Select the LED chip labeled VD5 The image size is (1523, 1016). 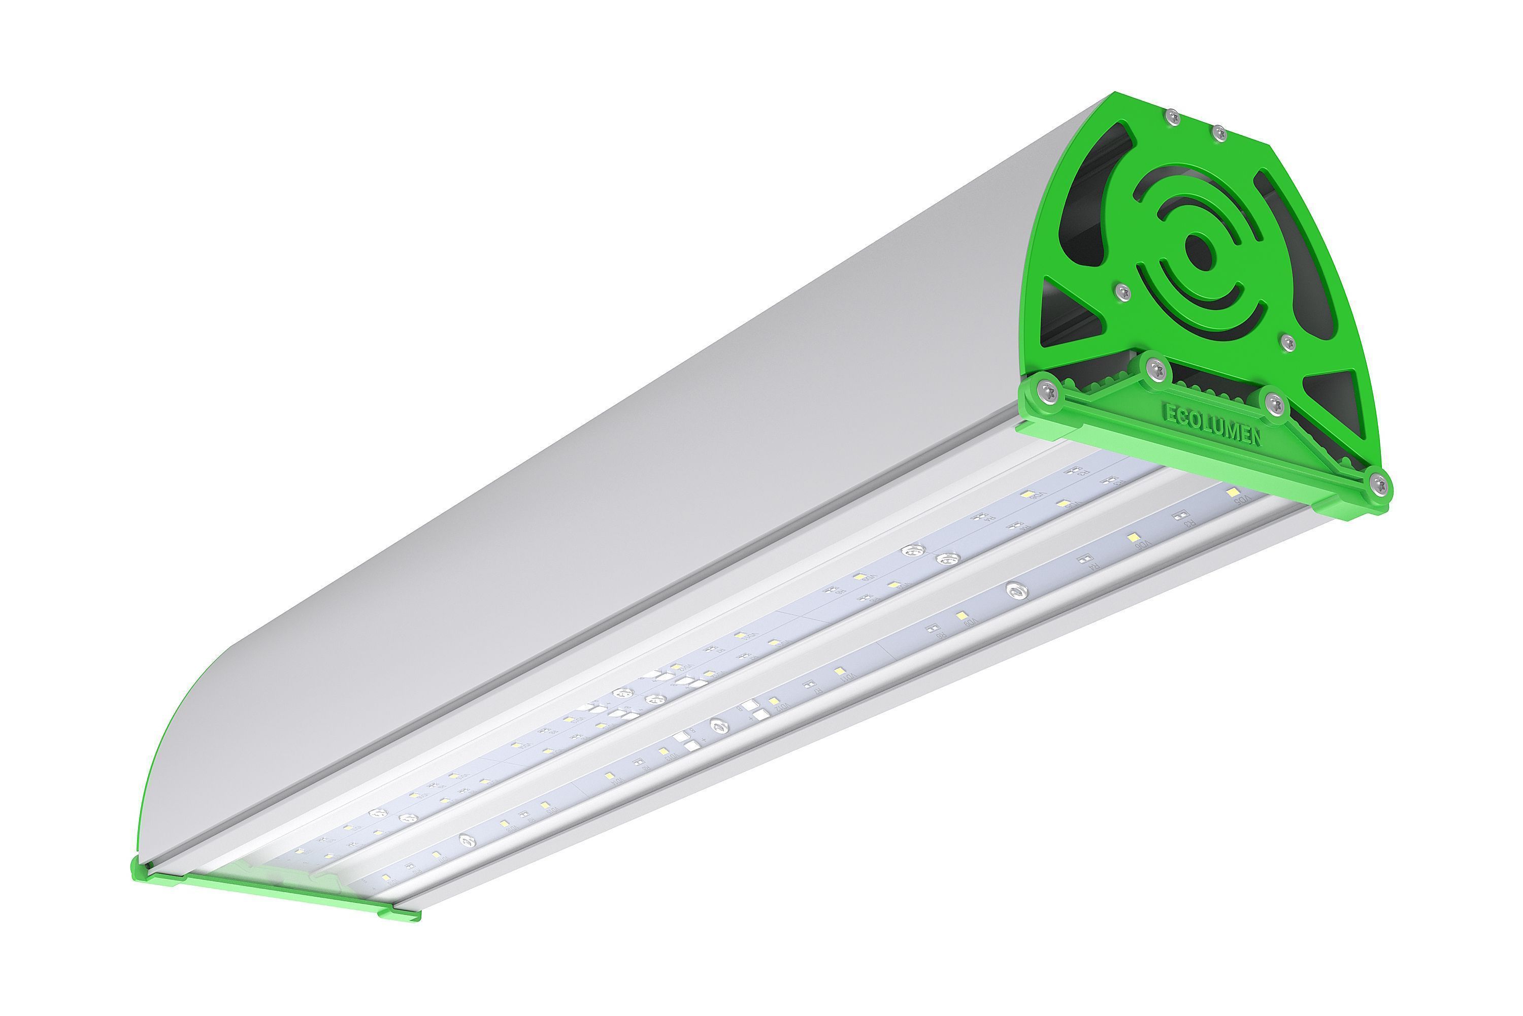(x=1232, y=494)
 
